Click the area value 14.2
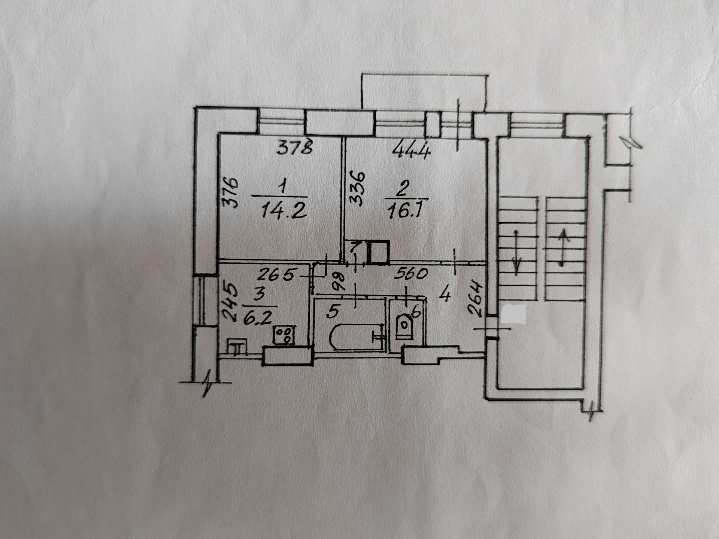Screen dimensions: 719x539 coord(284,212)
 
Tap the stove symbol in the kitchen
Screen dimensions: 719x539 coord(284,335)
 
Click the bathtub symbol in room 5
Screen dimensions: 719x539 coord(357,337)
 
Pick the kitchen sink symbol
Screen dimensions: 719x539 coord(237,347)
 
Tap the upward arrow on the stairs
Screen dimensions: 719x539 coord(562,247)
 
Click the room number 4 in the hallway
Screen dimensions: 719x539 coord(445,294)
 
